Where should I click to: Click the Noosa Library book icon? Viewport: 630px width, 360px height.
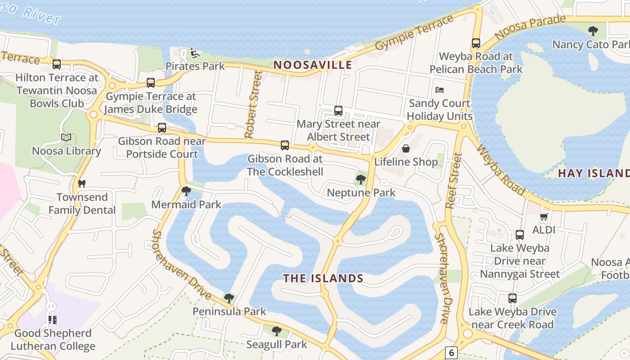(x=66, y=137)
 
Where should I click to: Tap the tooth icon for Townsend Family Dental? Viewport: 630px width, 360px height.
(x=82, y=184)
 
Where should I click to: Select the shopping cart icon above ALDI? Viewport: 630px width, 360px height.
(x=544, y=216)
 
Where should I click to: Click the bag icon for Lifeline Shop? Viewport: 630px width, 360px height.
(x=406, y=148)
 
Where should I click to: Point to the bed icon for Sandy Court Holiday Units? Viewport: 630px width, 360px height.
(x=440, y=90)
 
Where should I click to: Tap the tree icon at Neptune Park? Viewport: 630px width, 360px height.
(x=360, y=179)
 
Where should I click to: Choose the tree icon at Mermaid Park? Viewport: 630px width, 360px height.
(x=186, y=191)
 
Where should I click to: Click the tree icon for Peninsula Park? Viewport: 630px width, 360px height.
(x=229, y=297)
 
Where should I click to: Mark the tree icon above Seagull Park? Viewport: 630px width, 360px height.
(x=277, y=331)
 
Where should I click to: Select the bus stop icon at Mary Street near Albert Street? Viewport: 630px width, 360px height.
(x=338, y=110)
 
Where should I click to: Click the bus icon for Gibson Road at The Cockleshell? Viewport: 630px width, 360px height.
(x=285, y=145)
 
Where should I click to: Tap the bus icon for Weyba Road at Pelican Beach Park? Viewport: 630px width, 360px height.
(x=476, y=43)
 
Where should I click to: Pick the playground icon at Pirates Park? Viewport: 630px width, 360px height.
(x=194, y=53)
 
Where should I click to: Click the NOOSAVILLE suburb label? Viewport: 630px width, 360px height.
(x=313, y=65)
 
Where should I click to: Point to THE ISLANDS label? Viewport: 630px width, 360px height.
(x=323, y=278)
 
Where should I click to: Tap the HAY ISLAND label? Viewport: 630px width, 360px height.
(x=594, y=173)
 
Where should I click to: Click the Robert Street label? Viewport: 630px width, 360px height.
(x=252, y=104)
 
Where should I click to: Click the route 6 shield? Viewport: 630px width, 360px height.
(x=451, y=352)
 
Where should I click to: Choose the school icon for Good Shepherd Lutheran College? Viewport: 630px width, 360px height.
(x=53, y=319)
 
